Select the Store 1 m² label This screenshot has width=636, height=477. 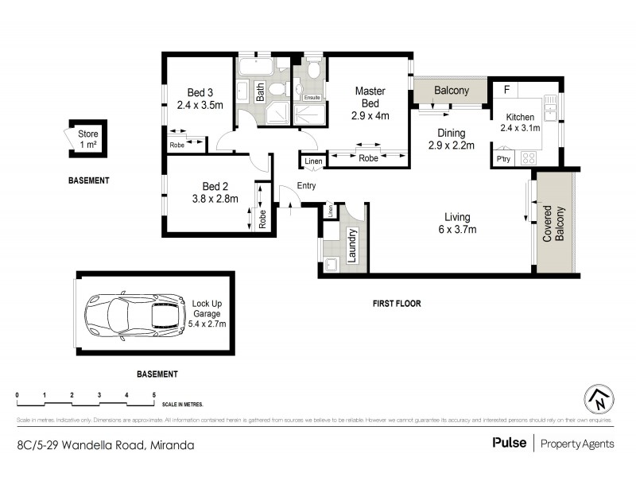[x=87, y=139]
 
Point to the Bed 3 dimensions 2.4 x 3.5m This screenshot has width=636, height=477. [x=200, y=104]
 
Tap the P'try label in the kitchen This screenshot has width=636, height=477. [x=503, y=159]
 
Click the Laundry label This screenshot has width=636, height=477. [x=350, y=246]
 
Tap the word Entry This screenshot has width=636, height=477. [x=306, y=185]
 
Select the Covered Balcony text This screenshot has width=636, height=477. [x=553, y=223]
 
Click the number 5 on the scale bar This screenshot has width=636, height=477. [x=153, y=395]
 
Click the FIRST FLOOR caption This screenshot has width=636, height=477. [x=397, y=303]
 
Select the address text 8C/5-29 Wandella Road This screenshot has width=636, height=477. [x=79, y=445]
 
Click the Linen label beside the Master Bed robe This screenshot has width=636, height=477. [x=311, y=161]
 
